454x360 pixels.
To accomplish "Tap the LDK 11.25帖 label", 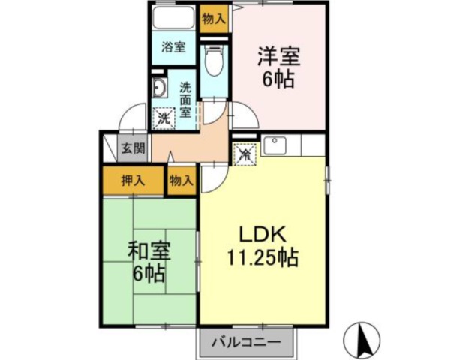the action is (263, 246).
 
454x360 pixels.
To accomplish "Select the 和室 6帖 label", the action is (149, 262).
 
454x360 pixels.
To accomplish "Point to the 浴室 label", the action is (173, 47).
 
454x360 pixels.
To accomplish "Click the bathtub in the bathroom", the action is (174, 17).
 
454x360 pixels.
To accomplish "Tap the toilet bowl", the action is (214, 61).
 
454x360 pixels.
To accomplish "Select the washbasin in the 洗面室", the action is (159, 88).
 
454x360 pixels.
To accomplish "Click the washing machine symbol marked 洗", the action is (164, 118).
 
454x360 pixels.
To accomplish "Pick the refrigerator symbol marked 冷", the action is (245, 154).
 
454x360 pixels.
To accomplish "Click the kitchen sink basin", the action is (275, 145).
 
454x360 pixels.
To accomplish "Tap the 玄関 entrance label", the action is (133, 148).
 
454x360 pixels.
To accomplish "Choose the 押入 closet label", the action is (133, 181).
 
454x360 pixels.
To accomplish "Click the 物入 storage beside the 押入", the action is (182, 181).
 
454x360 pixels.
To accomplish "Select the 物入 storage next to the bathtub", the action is (214, 19).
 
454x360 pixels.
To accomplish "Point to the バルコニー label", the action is (247, 342).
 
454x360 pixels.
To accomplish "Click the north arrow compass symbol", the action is (362, 340).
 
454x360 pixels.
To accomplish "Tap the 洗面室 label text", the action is (185, 100).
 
